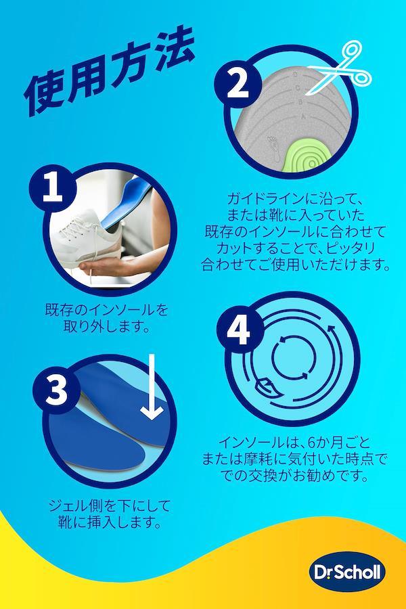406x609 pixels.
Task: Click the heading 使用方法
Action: click(x=110, y=71)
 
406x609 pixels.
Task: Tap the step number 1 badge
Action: click(x=52, y=188)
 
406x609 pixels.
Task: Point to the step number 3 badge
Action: click(x=56, y=390)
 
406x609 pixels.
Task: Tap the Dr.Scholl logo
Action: click(x=347, y=572)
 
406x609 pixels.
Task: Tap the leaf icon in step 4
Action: click(x=267, y=388)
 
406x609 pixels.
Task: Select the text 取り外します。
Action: click(x=107, y=327)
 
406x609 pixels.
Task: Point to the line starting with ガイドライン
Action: click(x=294, y=199)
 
